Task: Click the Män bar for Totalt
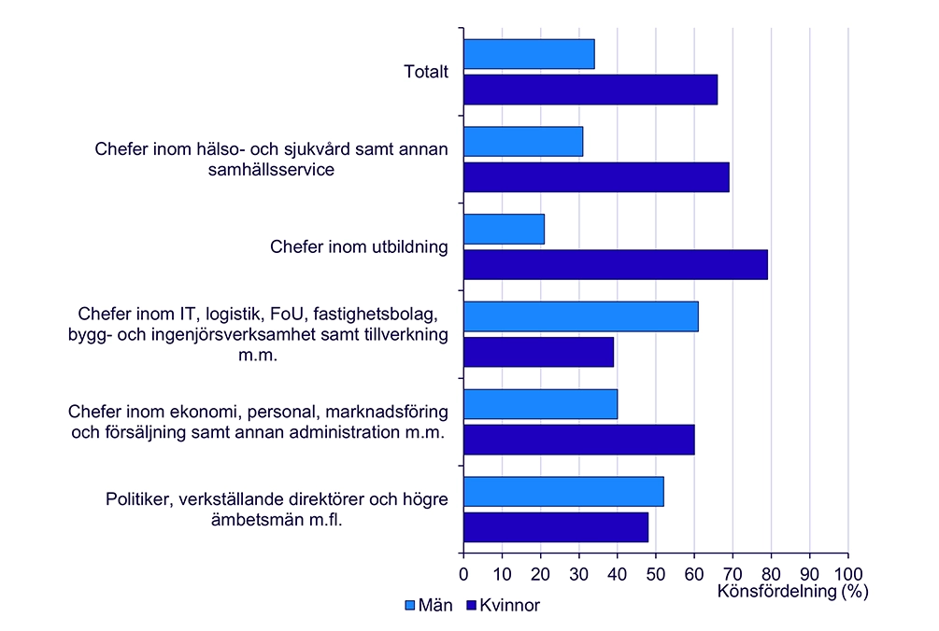point(529,55)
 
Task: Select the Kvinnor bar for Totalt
point(590,90)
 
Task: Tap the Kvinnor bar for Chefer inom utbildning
point(615,264)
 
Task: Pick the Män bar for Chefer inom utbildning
point(504,230)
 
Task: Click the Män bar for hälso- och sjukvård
point(523,142)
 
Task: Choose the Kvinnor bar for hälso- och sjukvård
point(596,177)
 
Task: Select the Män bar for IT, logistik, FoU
point(580,317)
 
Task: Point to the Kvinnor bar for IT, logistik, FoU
point(538,352)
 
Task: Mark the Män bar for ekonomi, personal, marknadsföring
point(540,404)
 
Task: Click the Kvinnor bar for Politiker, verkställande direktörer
point(556,527)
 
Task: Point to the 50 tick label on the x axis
point(656,572)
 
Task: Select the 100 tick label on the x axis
point(848,572)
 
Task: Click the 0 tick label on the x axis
point(463,572)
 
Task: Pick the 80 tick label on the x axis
point(771,572)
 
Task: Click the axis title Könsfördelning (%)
point(793,591)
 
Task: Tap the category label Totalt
point(426,72)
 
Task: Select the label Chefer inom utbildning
point(359,247)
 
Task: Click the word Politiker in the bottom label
point(137,499)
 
